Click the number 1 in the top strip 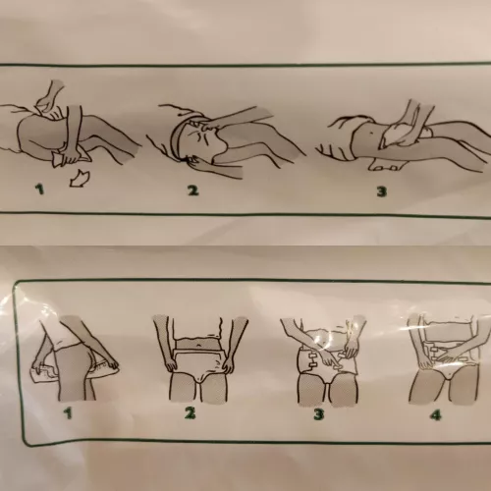pos(41,189)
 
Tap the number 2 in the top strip pos(193,188)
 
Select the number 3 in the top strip pos(380,189)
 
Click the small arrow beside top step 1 pos(81,180)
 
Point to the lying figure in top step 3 pos(393,137)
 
